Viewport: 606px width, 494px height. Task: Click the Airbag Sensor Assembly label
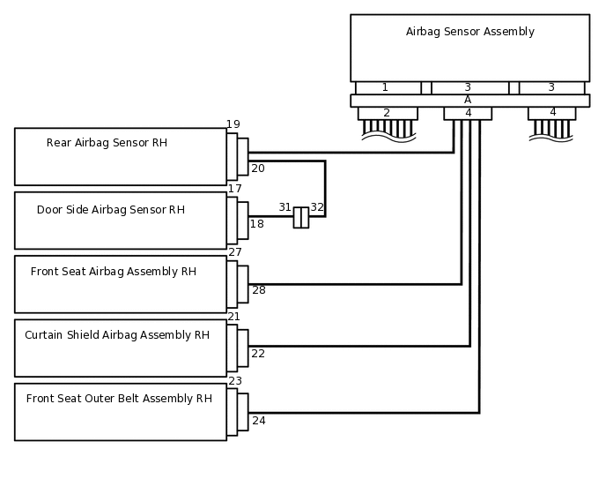point(469,32)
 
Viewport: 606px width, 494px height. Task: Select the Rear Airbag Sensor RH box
point(120,156)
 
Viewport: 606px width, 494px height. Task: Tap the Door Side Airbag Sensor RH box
point(120,220)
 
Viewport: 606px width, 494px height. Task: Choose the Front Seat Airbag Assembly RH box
point(120,283)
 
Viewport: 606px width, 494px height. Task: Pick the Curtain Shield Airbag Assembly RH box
point(120,348)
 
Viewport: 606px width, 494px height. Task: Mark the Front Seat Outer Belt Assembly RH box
point(120,411)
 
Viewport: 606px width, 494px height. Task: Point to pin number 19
point(233,124)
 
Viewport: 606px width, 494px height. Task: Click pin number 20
point(258,168)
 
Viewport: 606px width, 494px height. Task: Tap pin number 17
point(235,189)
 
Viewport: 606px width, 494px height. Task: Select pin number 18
point(257,224)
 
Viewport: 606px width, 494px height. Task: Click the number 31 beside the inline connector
point(285,207)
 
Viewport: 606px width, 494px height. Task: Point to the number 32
point(317,207)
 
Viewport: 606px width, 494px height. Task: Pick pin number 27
point(235,252)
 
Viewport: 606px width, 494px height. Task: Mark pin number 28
point(259,289)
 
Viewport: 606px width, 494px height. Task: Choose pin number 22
point(258,354)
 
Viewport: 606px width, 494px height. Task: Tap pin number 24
point(259,421)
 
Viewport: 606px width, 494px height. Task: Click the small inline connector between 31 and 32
point(301,218)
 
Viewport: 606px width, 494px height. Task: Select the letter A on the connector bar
point(468,100)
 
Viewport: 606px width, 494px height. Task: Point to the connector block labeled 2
point(388,113)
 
